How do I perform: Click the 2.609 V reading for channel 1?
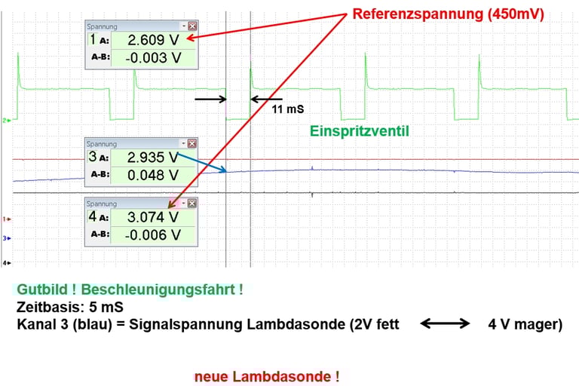tap(153, 40)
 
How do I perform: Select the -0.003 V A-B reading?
tap(153, 58)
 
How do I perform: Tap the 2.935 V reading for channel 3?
tap(153, 158)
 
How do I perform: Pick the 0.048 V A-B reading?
tap(153, 175)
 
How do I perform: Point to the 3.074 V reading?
tap(153, 217)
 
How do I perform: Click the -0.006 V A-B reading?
tap(153, 235)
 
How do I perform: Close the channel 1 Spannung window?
tap(192, 26)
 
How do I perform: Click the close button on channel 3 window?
tap(192, 143)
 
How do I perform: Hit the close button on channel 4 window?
tap(192, 203)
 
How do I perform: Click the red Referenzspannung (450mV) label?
tap(449, 14)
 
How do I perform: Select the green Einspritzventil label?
tap(360, 131)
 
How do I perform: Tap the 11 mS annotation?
tap(288, 109)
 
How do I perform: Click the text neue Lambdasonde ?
tap(267, 377)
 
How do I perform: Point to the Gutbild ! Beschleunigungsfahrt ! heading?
tap(130, 289)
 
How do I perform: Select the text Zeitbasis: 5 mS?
tap(70, 307)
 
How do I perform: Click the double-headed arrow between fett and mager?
tap(445, 323)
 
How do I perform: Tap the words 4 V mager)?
tap(525, 324)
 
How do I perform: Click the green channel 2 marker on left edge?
tap(7, 121)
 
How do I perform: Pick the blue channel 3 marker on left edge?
tap(7, 238)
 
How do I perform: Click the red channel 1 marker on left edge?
tap(7, 219)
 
